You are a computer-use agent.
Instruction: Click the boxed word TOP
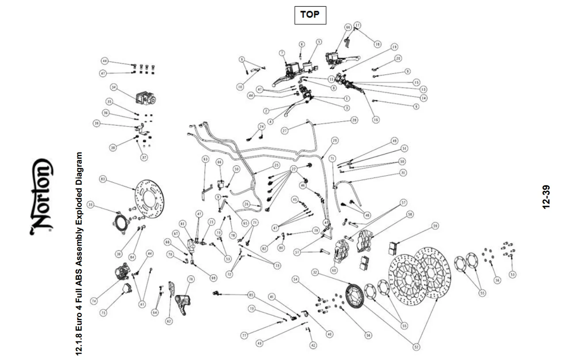pyautogui.click(x=310, y=15)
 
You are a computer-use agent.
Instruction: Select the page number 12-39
pyautogui.click(x=547, y=196)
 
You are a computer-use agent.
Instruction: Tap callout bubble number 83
pyautogui.click(x=103, y=179)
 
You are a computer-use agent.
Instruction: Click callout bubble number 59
pyautogui.click(x=435, y=226)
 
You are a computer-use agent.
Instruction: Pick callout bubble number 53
pyautogui.click(x=512, y=275)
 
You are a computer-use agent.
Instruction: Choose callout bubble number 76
pyautogui.click(x=190, y=279)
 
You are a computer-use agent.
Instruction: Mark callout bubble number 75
pyautogui.click(x=103, y=312)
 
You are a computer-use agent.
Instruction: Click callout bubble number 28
pyautogui.click(x=354, y=120)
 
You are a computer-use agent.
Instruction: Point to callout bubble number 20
pyautogui.click(x=398, y=58)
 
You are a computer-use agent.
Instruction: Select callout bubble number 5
pyautogui.click(x=318, y=42)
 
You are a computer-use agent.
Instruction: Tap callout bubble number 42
pyautogui.click(x=313, y=345)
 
